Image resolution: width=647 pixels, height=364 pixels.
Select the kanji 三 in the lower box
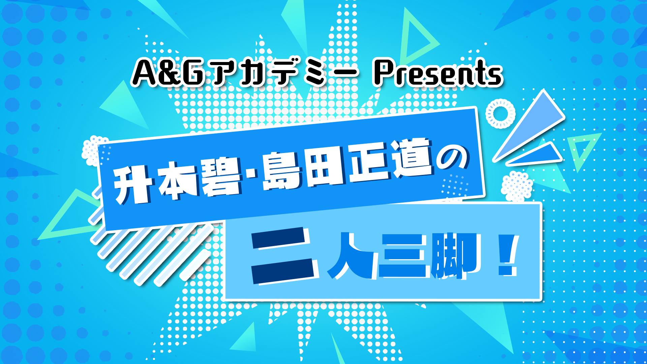(x=404, y=255)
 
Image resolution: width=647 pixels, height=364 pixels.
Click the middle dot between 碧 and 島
(x=253, y=175)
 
